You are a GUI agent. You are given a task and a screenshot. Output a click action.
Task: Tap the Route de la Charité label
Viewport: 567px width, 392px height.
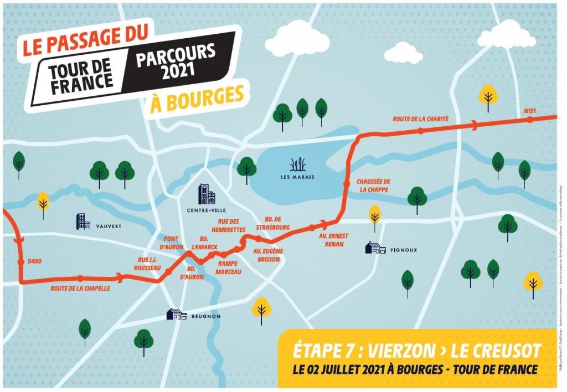pyautogui.click(x=420, y=118)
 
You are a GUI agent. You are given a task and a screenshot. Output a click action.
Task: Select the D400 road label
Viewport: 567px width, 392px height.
pyautogui.click(x=26, y=261)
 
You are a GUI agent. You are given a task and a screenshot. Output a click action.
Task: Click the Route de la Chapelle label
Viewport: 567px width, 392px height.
pyautogui.click(x=80, y=288)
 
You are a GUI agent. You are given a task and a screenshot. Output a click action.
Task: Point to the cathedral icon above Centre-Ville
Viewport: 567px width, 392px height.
pyautogui.click(x=207, y=194)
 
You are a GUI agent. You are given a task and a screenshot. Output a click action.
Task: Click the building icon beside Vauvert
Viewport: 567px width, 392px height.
pyautogui.click(x=83, y=221)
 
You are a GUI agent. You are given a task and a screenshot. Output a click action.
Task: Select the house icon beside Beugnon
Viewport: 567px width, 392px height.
pyautogui.click(x=177, y=314)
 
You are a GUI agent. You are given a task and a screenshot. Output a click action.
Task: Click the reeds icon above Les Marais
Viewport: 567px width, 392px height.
pyautogui.click(x=298, y=164)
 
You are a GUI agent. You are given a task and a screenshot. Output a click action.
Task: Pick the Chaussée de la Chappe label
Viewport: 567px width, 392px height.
pyautogui.click(x=373, y=185)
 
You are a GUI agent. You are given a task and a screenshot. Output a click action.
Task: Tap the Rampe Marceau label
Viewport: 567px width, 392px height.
pyautogui.click(x=228, y=267)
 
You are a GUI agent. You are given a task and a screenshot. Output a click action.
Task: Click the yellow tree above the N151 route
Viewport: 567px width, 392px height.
pyautogui.click(x=488, y=96)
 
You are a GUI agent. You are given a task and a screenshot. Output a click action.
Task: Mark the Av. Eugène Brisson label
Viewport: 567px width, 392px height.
pyautogui.click(x=268, y=255)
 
